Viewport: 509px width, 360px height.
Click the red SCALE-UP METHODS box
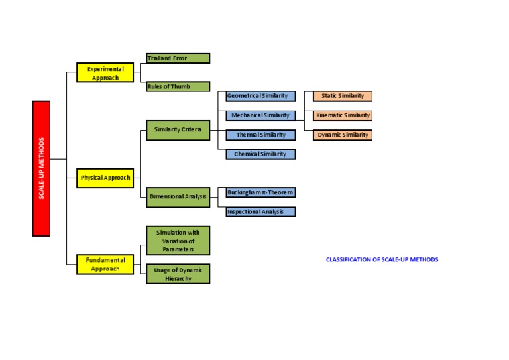pos(41,168)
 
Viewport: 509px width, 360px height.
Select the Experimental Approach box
pos(105,72)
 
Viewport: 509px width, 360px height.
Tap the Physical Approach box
pos(105,178)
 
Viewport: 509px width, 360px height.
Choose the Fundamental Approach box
pos(105,265)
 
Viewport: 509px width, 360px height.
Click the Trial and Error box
pos(178,58)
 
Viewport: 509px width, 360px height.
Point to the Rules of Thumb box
pos(178,86)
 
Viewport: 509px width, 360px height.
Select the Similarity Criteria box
pos(178,129)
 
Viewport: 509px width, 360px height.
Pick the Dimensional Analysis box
pos(178,197)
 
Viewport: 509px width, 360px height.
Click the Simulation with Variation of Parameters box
pos(178,241)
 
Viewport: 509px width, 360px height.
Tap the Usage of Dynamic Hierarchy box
pos(178,274)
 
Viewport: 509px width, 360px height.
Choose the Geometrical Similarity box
pos(260,96)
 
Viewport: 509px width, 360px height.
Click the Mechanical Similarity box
pos(260,115)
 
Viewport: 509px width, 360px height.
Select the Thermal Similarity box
pos(260,135)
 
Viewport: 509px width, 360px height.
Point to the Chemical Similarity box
pos(260,154)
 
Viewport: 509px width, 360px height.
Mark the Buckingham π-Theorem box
pos(260,192)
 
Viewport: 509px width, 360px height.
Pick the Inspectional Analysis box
pos(260,212)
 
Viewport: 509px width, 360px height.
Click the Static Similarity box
pos(343,96)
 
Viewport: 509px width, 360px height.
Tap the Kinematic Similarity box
pos(343,115)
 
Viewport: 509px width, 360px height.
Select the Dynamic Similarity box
pos(343,135)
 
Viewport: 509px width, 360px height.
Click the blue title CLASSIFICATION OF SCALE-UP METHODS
pos(382,259)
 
